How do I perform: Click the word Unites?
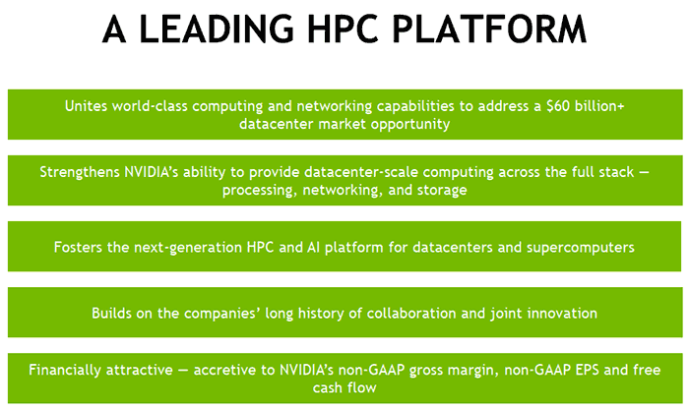pyautogui.click(x=88, y=106)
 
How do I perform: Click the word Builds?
pyautogui.click(x=113, y=313)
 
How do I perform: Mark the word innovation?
pyautogui.click(x=559, y=313)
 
